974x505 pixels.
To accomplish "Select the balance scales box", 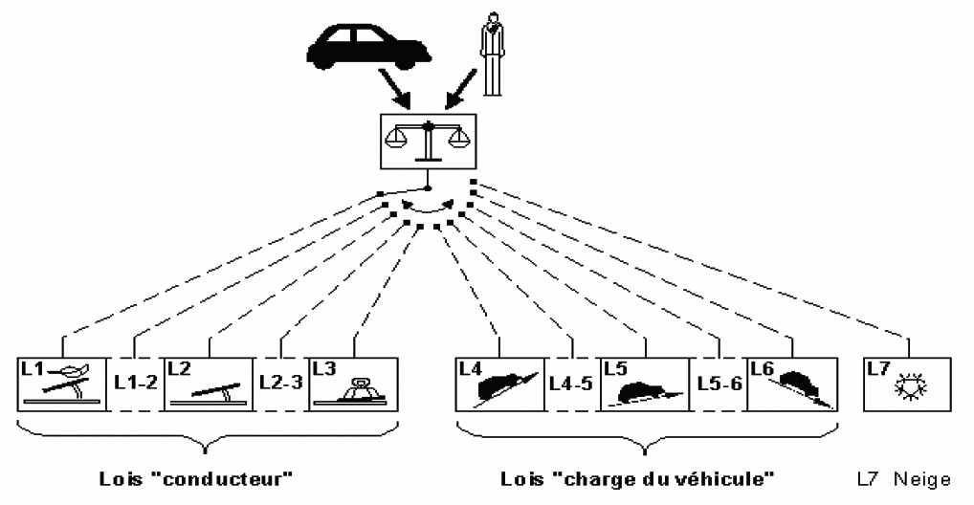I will tap(428, 137).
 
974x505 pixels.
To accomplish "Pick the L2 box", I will tap(208, 384).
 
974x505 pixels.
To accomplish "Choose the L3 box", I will tap(353, 384).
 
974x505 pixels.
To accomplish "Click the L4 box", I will tap(498, 384).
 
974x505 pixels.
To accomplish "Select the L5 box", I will tap(645, 384).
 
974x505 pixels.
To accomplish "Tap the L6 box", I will tap(790, 384).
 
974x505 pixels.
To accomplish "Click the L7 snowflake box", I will tap(907, 384).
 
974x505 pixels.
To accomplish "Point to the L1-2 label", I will tap(134, 382).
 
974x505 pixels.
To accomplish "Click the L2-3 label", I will tap(280, 382).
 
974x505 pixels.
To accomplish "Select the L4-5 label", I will tap(571, 384).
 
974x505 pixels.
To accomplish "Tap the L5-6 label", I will tap(718, 384).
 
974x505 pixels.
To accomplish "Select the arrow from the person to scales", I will tap(460, 91).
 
